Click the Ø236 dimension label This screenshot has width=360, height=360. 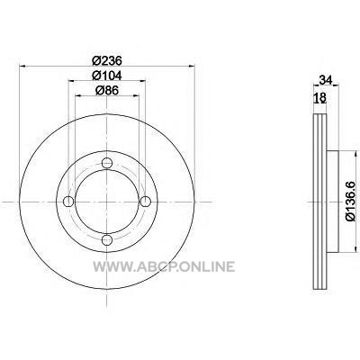[107, 61]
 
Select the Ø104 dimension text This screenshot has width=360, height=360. [107, 76]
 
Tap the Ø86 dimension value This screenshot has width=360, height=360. [107, 90]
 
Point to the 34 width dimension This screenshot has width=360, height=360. [326, 80]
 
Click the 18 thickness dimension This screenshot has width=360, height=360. [319, 97]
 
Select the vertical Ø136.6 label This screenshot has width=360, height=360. [351, 202]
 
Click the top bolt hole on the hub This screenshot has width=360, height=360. [107, 163]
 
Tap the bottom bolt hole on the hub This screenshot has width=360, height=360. [107, 239]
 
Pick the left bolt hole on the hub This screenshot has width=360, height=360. [68, 202]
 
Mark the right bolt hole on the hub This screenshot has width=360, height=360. [146, 202]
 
